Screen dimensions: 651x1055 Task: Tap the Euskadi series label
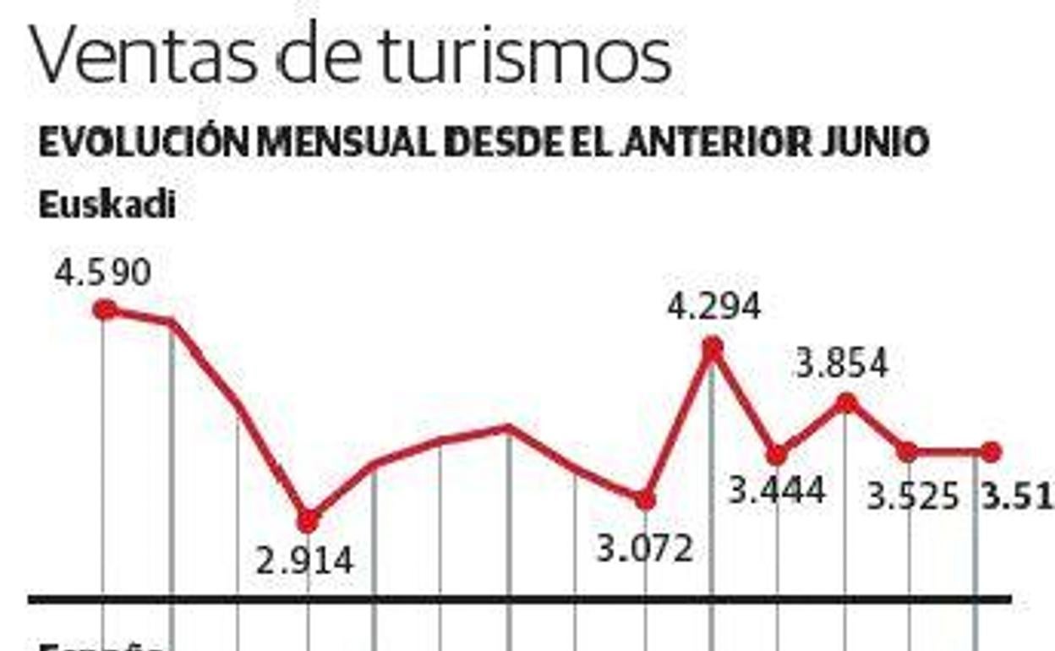(107, 205)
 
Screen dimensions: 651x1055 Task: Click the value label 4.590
(103, 273)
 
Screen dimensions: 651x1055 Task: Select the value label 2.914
(304, 561)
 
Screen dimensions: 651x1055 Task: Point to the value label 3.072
(645, 550)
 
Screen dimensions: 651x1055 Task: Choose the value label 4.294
(714, 306)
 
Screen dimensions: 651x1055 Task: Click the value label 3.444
(777, 490)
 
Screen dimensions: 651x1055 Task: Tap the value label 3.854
(842, 364)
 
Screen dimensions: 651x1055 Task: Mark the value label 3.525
(914, 496)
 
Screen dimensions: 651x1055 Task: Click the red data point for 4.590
(105, 310)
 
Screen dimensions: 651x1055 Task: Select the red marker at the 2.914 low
(308, 520)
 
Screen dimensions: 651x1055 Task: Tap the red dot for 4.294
(713, 347)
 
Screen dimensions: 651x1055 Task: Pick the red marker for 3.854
(845, 403)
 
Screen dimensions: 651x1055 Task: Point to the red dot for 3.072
(645, 501)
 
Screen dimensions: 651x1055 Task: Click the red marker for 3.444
(777, 455)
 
